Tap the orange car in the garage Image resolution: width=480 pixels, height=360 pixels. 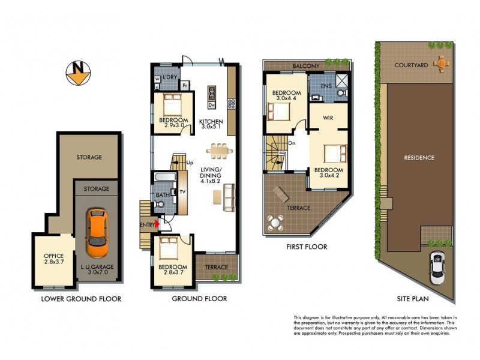pos(96,233)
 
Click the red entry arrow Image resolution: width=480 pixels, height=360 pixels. pos(157,223)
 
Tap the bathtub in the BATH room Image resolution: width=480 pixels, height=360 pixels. pos(164,179)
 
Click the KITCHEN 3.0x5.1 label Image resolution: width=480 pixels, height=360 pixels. pos(211,124)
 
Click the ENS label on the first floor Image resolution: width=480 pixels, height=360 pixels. pos(326,86)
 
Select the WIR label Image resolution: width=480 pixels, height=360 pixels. pos(328,118)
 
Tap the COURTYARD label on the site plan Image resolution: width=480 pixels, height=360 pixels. pos(412,65)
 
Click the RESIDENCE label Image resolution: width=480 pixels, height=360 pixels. pos(419,158)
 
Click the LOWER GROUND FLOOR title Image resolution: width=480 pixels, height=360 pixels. pos(81,298)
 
